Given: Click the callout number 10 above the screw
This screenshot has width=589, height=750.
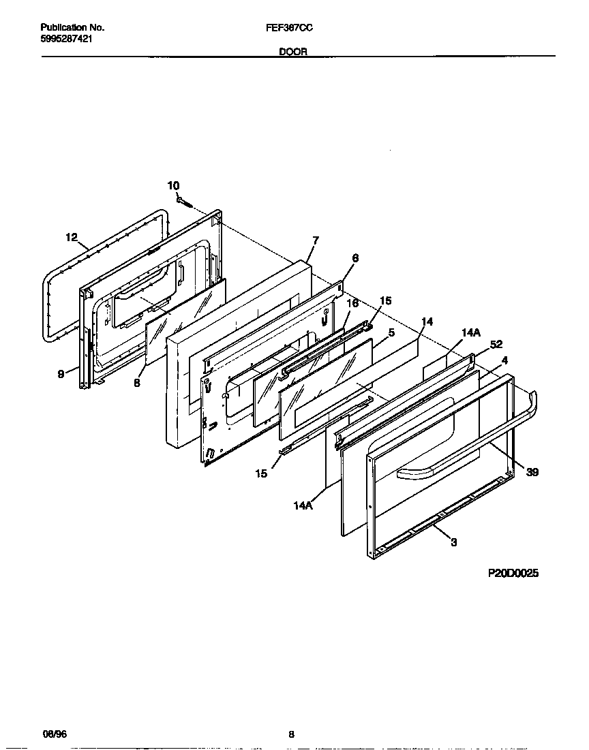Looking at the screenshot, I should pyautogui.click(x=174, y=185).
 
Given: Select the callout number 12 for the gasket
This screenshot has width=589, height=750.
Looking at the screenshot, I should pyautogui.click(x=72, y=237).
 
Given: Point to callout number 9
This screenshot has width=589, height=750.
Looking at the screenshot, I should pyautogui.click(x=61, y=373).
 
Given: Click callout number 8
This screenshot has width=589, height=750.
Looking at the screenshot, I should pyautogui.click(x=137, y=384).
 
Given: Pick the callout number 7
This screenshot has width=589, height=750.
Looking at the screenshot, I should pyautogui.click(x=315, y=240).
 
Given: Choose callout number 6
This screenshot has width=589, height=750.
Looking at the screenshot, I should pyautogui.click(x=355, y=258).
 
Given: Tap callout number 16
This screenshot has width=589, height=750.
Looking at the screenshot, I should pyautogui.click(x=352, y=303).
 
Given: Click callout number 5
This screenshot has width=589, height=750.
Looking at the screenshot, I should pyautogui.click(x=392, y=332).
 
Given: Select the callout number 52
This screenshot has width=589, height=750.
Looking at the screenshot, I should pyautogui.click(x=496, y=345).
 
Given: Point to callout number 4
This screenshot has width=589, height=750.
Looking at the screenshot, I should pyautogui.click(x=504, y=360).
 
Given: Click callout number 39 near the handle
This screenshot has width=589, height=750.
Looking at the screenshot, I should pyautogui.click(x=532, y=472).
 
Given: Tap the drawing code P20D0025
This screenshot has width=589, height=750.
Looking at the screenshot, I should pyautogui.click(x=513, y=574).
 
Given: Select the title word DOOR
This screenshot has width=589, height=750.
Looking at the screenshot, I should pyautogui.click(x=292, y=51).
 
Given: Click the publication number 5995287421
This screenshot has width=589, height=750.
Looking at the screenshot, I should pyautogui.click(x=67, y=39).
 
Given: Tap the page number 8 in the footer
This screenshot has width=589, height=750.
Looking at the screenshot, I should pyautogui.click(x=291, y=734).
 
